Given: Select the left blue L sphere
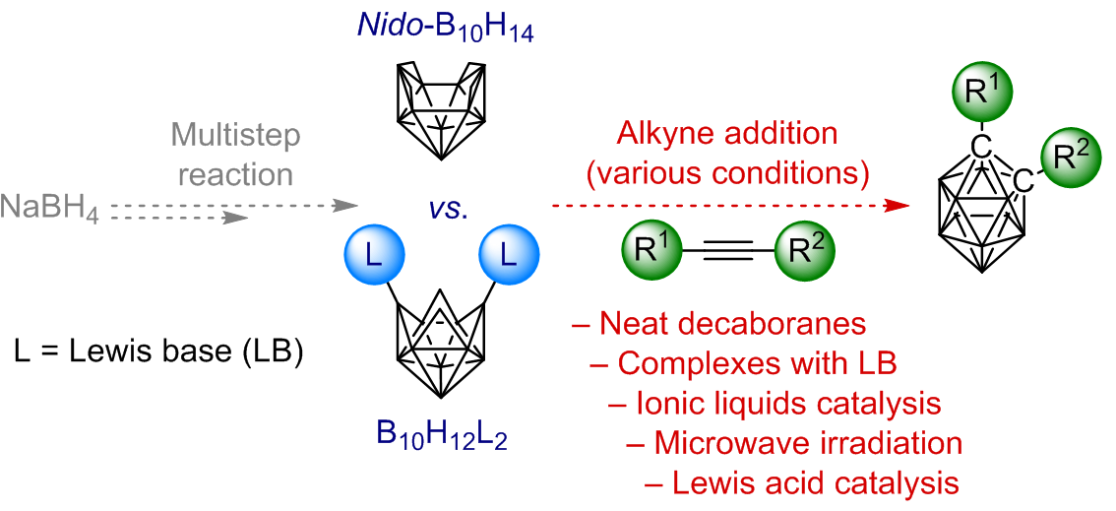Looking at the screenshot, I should (x=375, y=257).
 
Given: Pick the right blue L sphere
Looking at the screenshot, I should (x=509, y=257).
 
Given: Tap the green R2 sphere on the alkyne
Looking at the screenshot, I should (x=804, y=252).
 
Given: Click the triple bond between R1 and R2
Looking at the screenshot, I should (x=728, y=253).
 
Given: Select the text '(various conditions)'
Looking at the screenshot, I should (x=727, y=174).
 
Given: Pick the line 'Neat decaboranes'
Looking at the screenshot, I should (x=718, y=323).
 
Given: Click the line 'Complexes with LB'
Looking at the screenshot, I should (x=743, y=362).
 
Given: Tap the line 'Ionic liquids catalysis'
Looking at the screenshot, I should (x=775, y=403).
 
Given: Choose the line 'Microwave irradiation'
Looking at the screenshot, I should (x=794, y=443).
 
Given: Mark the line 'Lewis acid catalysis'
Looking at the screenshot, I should (x=801, y=483).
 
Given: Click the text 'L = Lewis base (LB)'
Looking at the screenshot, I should (x=160, y=351).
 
